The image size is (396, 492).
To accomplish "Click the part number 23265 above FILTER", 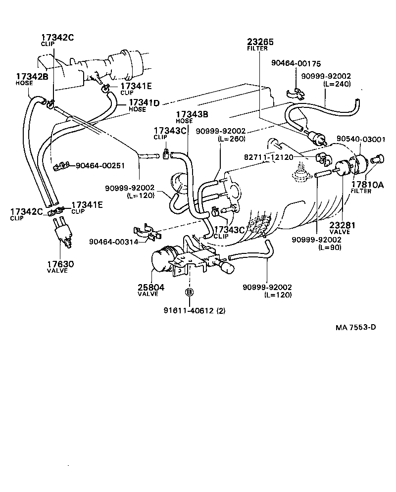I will (x=260, y=42).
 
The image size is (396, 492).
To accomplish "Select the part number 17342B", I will (x=32, y=77).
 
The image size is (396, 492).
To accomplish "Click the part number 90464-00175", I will (x=296, y=63).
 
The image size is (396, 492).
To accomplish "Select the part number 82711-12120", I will (x=269, y=157).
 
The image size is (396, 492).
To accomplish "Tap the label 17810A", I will (x=367, y=185).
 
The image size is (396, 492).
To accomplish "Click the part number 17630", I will (x=60, y=264).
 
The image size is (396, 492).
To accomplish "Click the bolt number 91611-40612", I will (x=190, y=310).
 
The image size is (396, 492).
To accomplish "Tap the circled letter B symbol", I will (x=189, y=293).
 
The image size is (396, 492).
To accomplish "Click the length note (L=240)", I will (x=337, y=84).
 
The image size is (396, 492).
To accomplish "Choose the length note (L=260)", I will (x=232, y=140).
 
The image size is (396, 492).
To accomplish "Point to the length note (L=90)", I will (x=329, y=247).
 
